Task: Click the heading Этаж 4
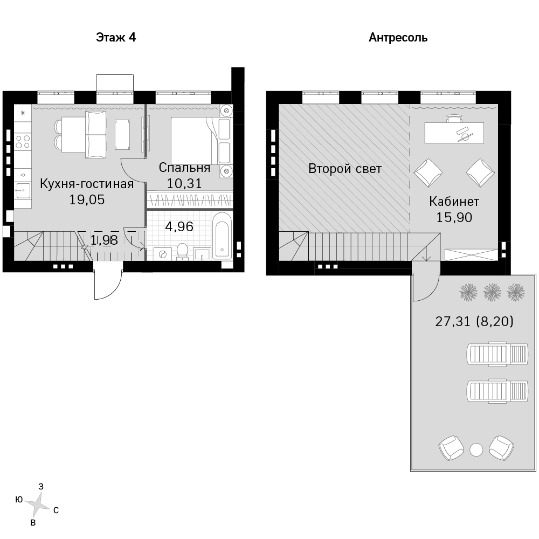coord(116,37)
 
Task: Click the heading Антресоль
coord(398,38)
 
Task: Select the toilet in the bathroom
coord(182,251)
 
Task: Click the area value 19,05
coord(87,200)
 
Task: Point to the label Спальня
coord(184,168)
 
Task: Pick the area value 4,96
coord(179,226)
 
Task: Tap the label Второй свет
coord(345,169)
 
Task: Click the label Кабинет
coord(454,202)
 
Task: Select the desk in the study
coord(454,133)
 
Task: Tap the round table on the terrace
coord(476,450)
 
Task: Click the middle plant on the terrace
coord(492,293)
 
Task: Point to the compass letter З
coord(41,486)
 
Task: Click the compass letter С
coord(56,510)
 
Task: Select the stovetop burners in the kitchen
coord(23,142)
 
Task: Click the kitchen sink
coord(23,190)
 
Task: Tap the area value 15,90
coord(454,218)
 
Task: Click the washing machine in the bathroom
coord(163,254)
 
